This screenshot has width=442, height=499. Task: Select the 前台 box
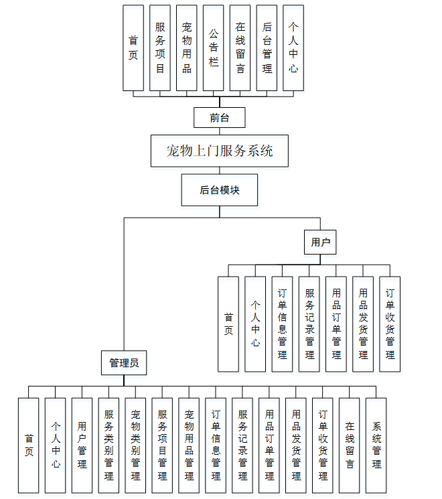point(220,118)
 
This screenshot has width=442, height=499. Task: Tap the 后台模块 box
point(220,190)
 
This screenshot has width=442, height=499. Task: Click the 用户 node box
point(321,242)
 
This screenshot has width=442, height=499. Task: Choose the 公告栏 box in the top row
point(213,48)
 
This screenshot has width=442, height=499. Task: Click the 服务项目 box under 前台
point(160,48)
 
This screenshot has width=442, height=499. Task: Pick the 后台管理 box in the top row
point(267,48)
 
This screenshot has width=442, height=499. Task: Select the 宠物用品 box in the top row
point(187,48)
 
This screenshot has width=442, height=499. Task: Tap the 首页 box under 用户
point(228,324)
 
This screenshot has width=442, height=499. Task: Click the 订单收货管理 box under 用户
point(390,324)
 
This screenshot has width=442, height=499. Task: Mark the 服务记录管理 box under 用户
point(309,324)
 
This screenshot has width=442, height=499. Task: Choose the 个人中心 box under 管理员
point(56,445)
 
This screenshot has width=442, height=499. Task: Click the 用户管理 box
point(82,445)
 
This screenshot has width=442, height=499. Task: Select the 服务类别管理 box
point(108,445)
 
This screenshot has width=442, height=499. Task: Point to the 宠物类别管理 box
point(135,445)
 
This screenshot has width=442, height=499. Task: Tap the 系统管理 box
point(376,445)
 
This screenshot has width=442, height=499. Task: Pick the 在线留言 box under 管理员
point(350,445)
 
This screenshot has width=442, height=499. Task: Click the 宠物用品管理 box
point(189,445)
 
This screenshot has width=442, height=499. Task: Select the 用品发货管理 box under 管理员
point(296,445)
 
